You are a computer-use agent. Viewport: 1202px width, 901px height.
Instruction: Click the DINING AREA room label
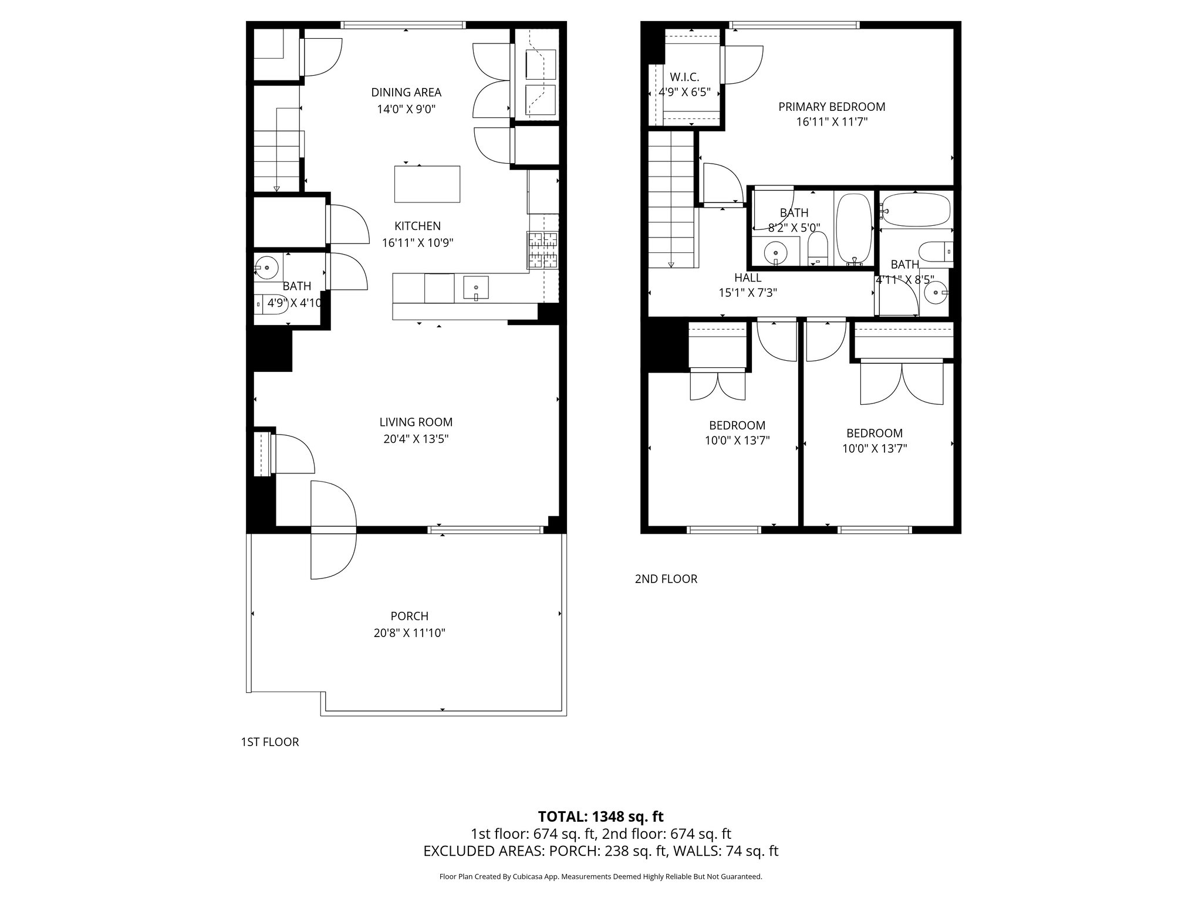406,93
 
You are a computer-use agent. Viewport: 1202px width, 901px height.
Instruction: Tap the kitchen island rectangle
427,184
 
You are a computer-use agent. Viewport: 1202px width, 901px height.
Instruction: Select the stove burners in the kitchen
542,250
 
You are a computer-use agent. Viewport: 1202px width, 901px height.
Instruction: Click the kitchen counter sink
475,288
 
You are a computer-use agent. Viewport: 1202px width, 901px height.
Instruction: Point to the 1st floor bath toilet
271,303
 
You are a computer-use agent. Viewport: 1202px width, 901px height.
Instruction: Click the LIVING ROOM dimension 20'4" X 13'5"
416,439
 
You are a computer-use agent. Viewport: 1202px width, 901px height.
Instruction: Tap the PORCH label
409,616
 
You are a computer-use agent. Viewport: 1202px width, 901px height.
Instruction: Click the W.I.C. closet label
684,77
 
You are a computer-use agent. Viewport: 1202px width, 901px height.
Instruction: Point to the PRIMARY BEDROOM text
831,107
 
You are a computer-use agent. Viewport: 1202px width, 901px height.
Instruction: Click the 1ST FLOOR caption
269,742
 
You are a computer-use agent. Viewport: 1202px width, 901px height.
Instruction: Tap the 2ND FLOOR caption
666,579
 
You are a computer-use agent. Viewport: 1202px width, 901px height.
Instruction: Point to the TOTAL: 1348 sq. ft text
600,817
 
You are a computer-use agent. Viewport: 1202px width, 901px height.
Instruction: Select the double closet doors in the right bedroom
901,384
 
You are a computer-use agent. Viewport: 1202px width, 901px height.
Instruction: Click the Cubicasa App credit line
600,877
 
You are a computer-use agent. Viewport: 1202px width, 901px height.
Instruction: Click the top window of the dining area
403,25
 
